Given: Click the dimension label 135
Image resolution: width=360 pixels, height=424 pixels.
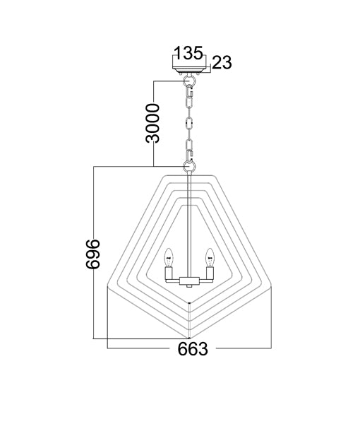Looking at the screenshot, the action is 188,53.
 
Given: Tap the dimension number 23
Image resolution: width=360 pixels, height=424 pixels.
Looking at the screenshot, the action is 222,63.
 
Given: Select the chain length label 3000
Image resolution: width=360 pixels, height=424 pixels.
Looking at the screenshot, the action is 152,123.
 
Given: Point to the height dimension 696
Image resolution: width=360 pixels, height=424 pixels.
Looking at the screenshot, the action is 93,254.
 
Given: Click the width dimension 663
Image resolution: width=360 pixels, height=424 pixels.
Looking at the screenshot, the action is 193,349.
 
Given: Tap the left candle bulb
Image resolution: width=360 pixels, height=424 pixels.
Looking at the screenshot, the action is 169,257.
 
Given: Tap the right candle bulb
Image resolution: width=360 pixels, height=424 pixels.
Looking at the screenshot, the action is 210,257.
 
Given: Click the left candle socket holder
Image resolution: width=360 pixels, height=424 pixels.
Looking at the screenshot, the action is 169,273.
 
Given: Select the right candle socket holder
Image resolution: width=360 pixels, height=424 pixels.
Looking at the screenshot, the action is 210,273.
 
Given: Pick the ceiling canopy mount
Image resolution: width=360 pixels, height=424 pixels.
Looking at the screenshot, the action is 189,70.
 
